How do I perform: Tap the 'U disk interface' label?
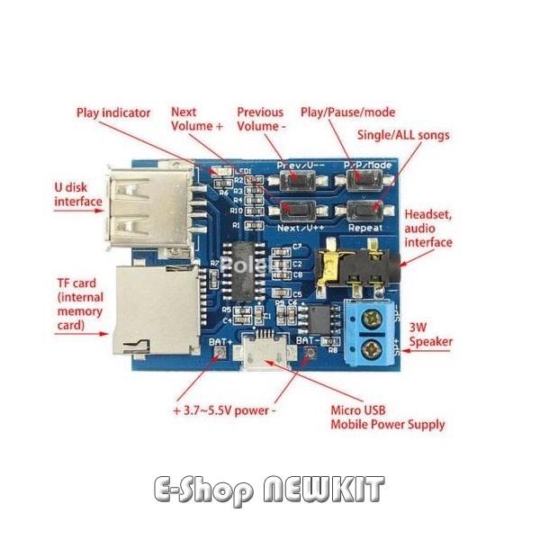click(x=78, y=195)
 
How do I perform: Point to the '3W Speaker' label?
click(x=430, y=335)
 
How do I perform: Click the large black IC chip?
click(x=246, y=269)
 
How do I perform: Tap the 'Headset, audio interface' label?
click(x=428, y=229)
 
